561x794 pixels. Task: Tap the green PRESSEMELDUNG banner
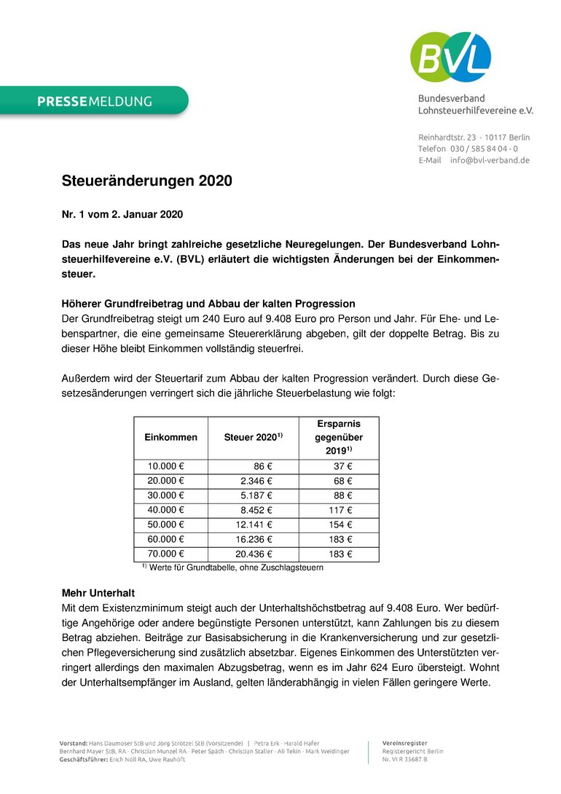95,101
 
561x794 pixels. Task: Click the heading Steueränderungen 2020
146,181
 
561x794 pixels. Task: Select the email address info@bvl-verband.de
490,160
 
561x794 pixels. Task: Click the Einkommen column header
171,438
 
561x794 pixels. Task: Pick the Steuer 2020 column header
253,438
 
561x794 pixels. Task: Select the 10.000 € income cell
166,466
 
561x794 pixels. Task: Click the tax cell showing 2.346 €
256,481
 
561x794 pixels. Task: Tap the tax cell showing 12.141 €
253,524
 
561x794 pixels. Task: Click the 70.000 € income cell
166,554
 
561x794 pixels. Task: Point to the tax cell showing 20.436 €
253,554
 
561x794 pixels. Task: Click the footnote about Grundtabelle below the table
232,567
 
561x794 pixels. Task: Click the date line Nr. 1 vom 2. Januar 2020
122,215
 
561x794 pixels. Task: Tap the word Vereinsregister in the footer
404,742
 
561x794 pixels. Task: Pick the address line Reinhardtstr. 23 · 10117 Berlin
474,137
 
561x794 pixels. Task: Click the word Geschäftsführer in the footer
84,759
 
